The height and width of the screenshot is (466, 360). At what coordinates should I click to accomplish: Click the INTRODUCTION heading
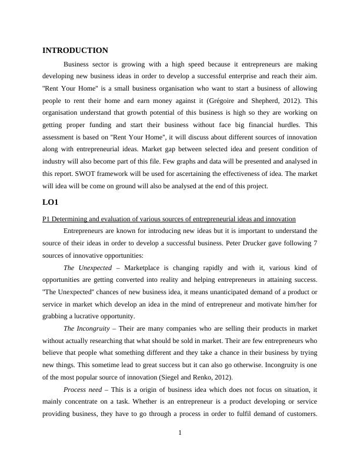[x=75, y=51]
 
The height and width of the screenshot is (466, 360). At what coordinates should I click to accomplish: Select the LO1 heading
[x=52, y=202]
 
